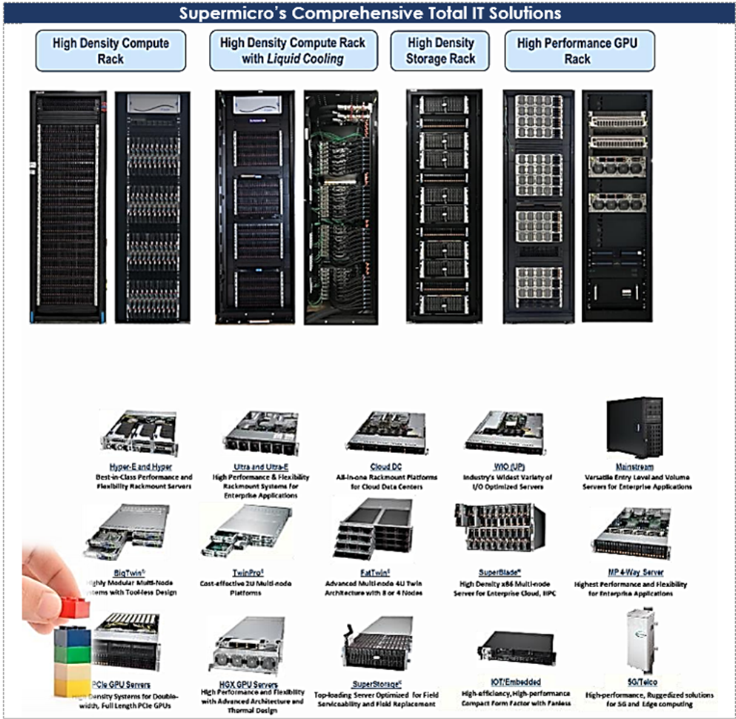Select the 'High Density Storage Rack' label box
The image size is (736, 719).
click(x=441, y=50)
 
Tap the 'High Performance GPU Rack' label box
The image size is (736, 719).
click(x=576, y=50)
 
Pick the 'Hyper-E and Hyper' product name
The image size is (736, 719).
click(x=139, y=467)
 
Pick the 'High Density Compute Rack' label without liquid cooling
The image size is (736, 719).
click(x=110, y=50)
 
